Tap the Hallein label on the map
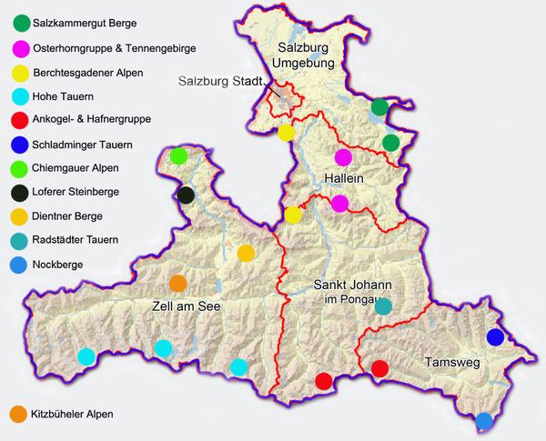[344, 179]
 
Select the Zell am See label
[189, 307]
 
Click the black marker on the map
[186, 195]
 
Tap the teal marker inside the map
[383, 306]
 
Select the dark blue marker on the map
[496, 337]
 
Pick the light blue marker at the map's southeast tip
[485, 420]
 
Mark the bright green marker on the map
[178, 155]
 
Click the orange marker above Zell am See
[178, 283]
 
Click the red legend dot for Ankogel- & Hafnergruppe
[17, 120]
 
